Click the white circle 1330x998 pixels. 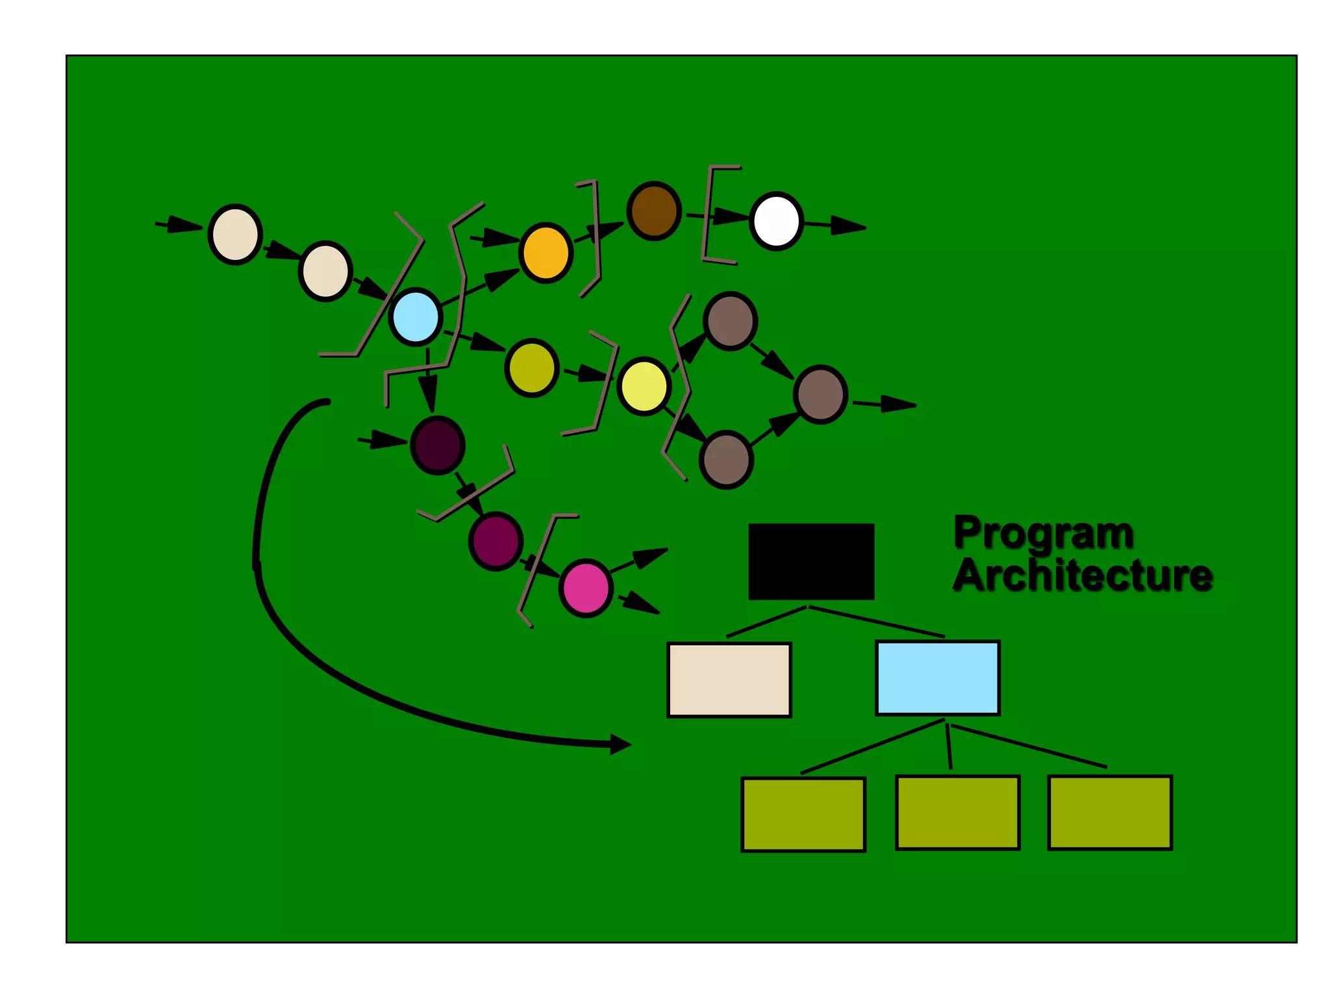point(776,221)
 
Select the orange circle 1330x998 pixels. point(546,253)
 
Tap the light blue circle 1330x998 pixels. point(416,316)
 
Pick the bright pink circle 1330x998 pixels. point(586,587)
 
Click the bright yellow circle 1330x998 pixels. point(644,387)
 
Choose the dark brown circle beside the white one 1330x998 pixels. point(654,211)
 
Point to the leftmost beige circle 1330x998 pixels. point(235,235)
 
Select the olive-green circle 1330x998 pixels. point(532,368)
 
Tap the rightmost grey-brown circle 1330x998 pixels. point(821,394)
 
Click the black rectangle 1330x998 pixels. point(811,561)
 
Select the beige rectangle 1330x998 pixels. point(729,680)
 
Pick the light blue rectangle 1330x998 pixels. point(938,678)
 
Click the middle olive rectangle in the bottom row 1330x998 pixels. point(957,812)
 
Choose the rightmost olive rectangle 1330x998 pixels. point(1110,812)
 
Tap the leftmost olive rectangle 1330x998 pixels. point(803,814)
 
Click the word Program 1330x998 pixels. point(1044,533)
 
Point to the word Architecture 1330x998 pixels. point(1083,576)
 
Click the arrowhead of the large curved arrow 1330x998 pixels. point(620,745)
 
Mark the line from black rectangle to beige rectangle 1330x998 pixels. point(766,622)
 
